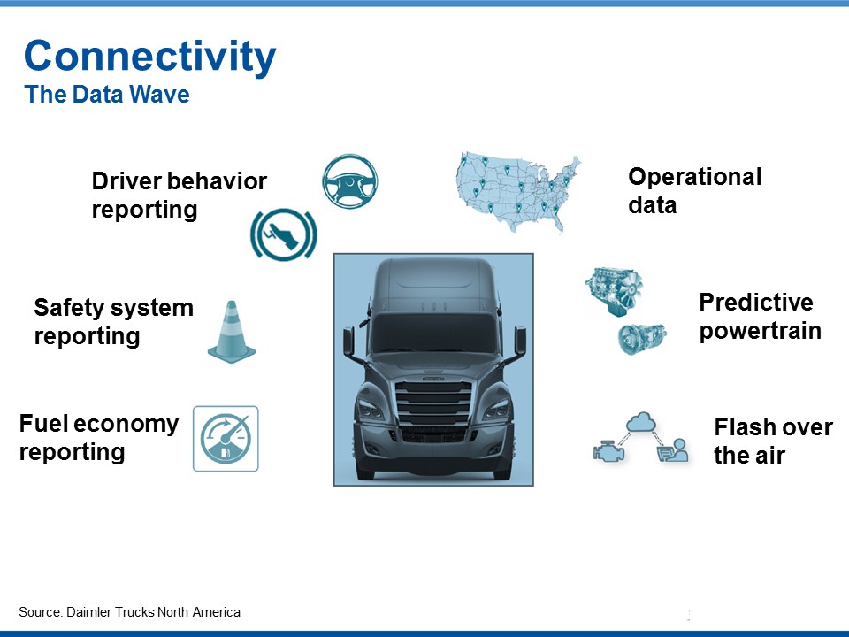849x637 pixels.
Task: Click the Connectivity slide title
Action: tap(150, 57)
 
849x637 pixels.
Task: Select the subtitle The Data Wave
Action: tap(107, 95)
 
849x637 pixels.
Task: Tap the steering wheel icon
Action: tap(350, 180)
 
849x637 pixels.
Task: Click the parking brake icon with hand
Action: tap(284, 234)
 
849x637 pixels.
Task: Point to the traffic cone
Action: tap(232, 332)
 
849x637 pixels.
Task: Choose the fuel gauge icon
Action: tap(226, 439)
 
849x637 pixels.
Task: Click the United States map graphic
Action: tap(518, 192)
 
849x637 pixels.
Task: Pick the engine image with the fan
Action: tap(614, 291)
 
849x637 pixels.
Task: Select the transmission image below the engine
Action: tap(642, 338)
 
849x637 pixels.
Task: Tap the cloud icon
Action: tap(641, 422)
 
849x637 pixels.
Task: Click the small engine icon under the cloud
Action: tap(608, 452)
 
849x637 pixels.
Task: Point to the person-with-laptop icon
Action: tap(673, 450)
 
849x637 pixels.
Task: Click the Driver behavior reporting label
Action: tap(180, 196)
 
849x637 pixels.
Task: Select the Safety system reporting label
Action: tap(114, 322)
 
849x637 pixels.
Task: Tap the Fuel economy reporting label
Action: tap(99, 438)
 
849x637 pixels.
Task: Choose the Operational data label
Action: tap(695, 191)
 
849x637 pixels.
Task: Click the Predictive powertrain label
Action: tap(761, 317)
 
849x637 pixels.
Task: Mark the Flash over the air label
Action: tap(773, 441)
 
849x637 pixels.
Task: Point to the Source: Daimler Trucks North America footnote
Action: tap(129, 612)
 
